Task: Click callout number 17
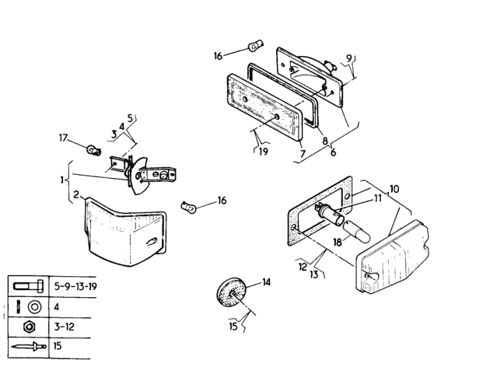pyautogui.click(x=64, y=138)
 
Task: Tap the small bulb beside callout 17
pyautogui.click(x=94, y=151)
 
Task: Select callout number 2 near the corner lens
pyautogui.click(x=76, y=194)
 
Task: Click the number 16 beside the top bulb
pyautogui.click(x=218, y=56)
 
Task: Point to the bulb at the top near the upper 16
pyautogui.click(x=256, y=47)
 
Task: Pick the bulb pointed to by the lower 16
pyautogui.click(x=189, y=207)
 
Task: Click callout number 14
pyautogui.click(x=266, y=282)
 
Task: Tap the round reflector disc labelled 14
pyautogui.click(x=232, y=293)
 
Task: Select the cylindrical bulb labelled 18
pyautogui.click(x=356, y=232)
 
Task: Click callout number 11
pyautogui.click(x=378, y=197)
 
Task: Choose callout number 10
pyautogui.click(x=394, y=189)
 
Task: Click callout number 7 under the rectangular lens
pyautogui.click(x=303, y=154)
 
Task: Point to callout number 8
pyautogui.click(x=325, y=141)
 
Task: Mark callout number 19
pyautogui.click(x=264, y=152)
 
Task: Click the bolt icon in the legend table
pyautogui.click(x=29, y=286)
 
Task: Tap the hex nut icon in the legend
pyautogui.click(x=29, y=327)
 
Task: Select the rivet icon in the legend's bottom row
pyautogui.click(x=29, y=347)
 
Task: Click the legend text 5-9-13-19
pyautogui.click(x=75, y=286)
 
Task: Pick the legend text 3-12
pyautogui.click(x=65, y=327)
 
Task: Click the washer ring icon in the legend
pyautogui.click(x=34, y=307)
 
